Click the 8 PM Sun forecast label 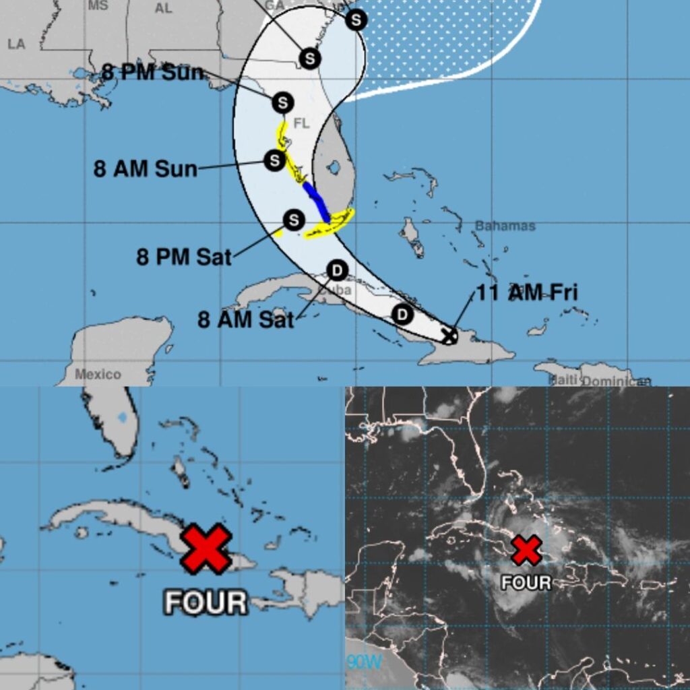pyautogui.click(x=152, y=72)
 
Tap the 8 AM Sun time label pyautogui.click(x=145, y=168)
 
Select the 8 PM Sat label pyautogui.click(x=184, y=257)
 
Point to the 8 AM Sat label pyautogui.click(x=245, y=319)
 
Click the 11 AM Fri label pyautogui.click(x=527, y=292)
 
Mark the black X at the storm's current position pyautogui.click(x=449, y=335)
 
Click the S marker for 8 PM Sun pyautogui.click(x=282, y=103)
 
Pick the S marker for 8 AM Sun pyautogui.click(x=274, y=160)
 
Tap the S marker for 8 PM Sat pyautogui.click(x=293, y=220)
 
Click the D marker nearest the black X pyautogui.click(x=402, y=314)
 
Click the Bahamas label pyautogui.click(x=505, y=226)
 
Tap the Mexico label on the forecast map pyautogui.click(x=98, y=374)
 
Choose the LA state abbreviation pyautogui.click(x=16, y=44)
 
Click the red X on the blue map pyautogui.click(x=206, y=548)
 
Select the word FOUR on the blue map pyautogui.click(x=206, y=602)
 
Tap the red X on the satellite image pyautogui.click(x=526, y=551)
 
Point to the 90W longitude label pyautogui.click(x=363, y=662)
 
